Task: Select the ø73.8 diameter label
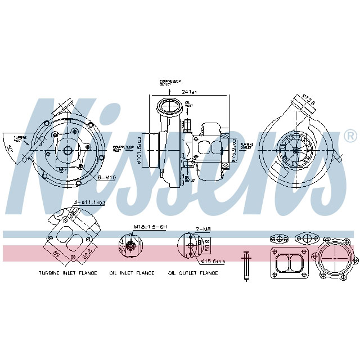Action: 309,100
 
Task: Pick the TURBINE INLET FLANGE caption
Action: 67,273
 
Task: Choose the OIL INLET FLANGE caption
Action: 132,273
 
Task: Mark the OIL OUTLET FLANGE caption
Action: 193,273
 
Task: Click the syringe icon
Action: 246,264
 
